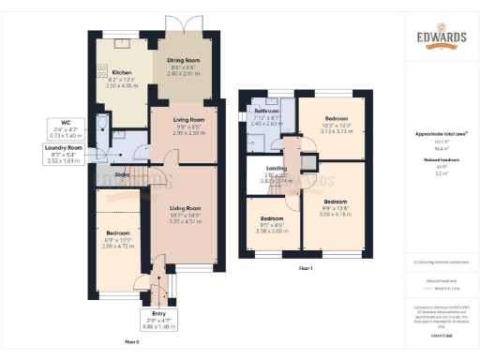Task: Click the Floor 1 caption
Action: coord(305,268)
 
